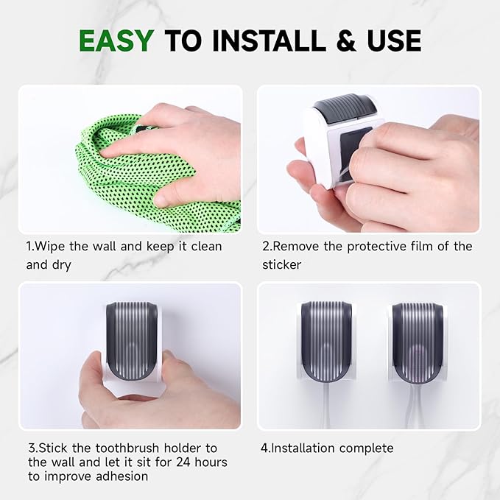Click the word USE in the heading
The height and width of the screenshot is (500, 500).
[390, 41]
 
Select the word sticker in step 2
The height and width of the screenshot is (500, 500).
[282, 264]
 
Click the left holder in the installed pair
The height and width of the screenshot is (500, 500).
[325, 342]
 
